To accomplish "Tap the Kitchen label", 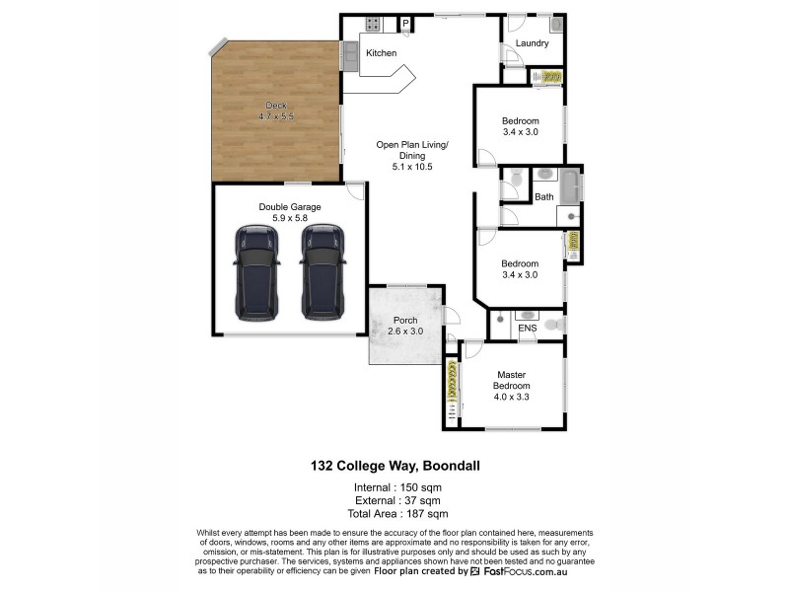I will [x=382, y=53].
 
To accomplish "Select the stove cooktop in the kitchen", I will [x=374, y=24].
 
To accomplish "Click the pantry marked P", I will [x=405, y=24].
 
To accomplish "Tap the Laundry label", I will [x=532, y=44].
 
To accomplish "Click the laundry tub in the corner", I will [x=556, y=24].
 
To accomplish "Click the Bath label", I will [x=544, y=197].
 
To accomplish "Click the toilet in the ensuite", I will [x=554, y=322].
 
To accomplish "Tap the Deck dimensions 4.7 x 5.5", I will [x=276, y=117].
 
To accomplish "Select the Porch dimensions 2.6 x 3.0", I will [x=405, y=333].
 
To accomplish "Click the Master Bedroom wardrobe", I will [x=452, y=390].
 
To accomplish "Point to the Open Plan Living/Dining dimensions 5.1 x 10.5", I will [x=411, y=167].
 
